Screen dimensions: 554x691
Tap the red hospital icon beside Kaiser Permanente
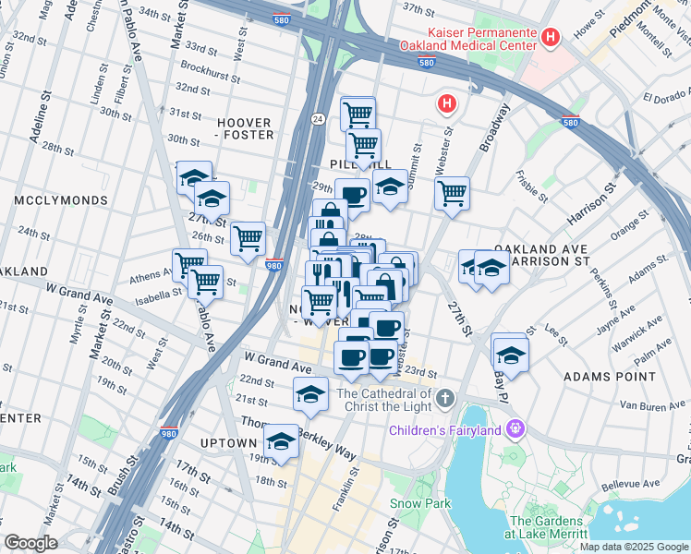552,38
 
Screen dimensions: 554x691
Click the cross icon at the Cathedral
445,399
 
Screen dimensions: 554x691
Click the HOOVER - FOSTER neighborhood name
245,128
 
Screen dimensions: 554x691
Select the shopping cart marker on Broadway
452,194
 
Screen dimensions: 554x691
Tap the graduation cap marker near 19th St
282,441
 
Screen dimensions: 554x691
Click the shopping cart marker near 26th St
248,238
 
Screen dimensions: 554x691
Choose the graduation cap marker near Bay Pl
510,354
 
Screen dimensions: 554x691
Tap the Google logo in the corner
30,543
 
